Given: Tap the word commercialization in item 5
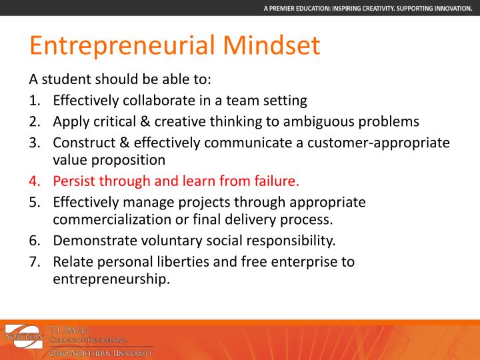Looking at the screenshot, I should (x=110, y=219).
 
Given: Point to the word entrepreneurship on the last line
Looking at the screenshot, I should (x=111, y=279).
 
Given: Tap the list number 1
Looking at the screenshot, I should (x=34, y=101).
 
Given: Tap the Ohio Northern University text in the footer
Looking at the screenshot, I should (x=101, y=352).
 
